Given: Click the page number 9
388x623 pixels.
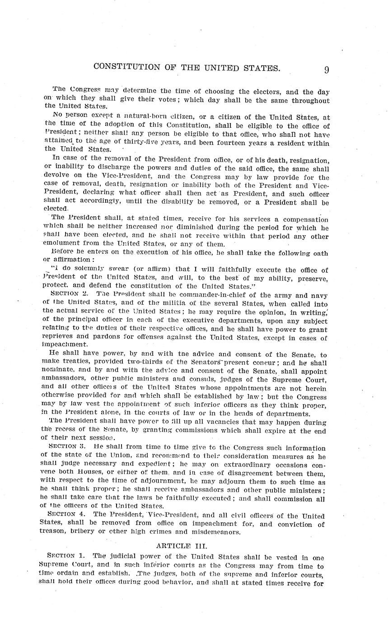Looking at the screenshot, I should coord(326,70).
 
